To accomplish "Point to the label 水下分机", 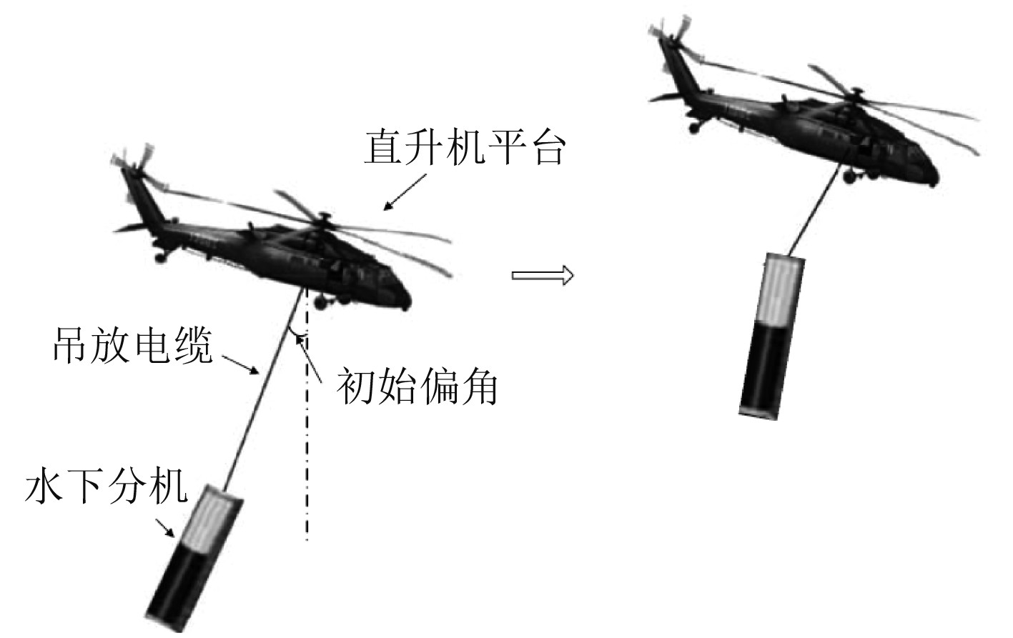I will pos(107,487).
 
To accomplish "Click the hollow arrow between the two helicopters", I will pos(543,275).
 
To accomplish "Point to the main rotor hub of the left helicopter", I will pos(322,218).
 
